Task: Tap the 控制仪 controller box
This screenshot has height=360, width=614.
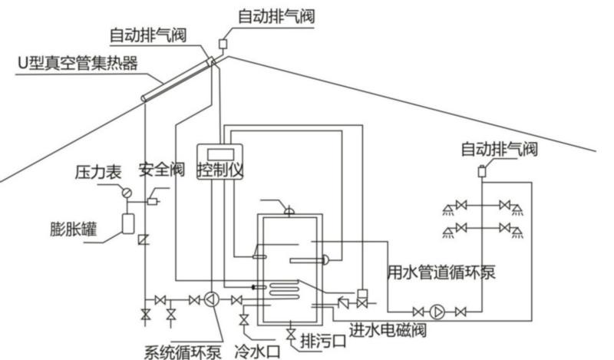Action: pyautogui.click(x=220, y=170)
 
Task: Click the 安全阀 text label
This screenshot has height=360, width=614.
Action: pyautogui.click(x=159, y=170)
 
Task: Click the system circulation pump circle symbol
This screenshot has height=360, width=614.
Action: pyautogui.click(x=214, y=299)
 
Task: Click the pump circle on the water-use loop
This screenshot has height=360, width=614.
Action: pyautogui.click(x=438, y=311)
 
